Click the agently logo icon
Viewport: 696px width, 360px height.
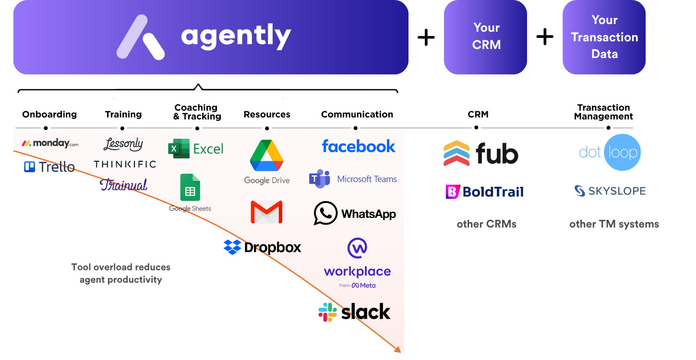point(141,37)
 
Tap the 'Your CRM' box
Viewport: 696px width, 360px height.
point(485,37)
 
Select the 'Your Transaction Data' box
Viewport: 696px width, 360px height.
point(604,37)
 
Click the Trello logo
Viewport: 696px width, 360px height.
point(49,167)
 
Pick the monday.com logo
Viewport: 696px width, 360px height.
point(50,143)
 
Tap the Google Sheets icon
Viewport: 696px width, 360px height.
point(190,188)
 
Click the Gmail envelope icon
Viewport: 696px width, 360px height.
point(266,212)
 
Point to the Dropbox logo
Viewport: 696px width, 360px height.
point(262,247)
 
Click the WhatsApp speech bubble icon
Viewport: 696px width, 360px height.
point(325,213)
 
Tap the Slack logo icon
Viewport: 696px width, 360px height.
point(327,312)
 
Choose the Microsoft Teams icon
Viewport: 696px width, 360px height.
point(319,179)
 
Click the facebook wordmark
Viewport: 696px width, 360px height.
point(359,146)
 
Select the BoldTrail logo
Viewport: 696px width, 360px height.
point(484,192)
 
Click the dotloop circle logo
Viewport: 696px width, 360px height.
point(622,153)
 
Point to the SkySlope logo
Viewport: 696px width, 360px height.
point(610,191)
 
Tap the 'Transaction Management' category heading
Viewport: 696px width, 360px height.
point(603,112)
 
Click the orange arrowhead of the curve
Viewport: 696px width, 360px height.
point(397,349)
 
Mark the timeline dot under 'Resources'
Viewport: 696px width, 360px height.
point(267,128)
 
